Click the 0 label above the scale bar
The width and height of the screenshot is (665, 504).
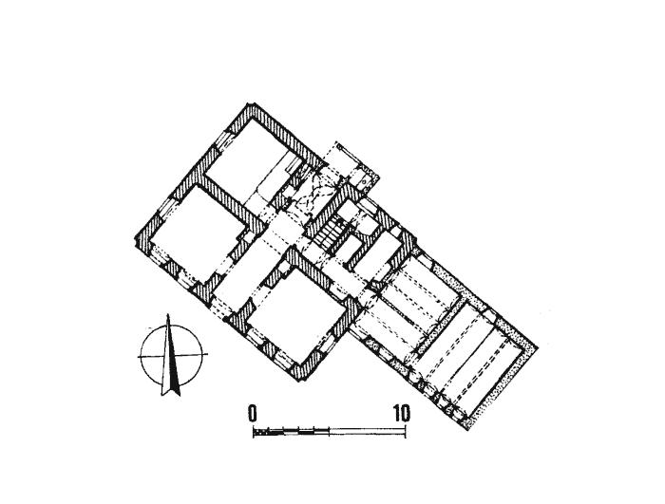(253, 413)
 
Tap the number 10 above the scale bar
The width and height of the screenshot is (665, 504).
(401, 413)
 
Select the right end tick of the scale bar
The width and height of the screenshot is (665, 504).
(406, 432)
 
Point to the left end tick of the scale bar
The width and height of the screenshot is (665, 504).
(254, 432)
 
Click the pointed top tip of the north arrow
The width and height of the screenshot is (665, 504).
(168, 314)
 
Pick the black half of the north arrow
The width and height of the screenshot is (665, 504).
(174, 361)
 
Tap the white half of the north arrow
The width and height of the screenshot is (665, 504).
(165, 361)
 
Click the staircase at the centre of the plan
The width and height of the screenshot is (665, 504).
(330, 234)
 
